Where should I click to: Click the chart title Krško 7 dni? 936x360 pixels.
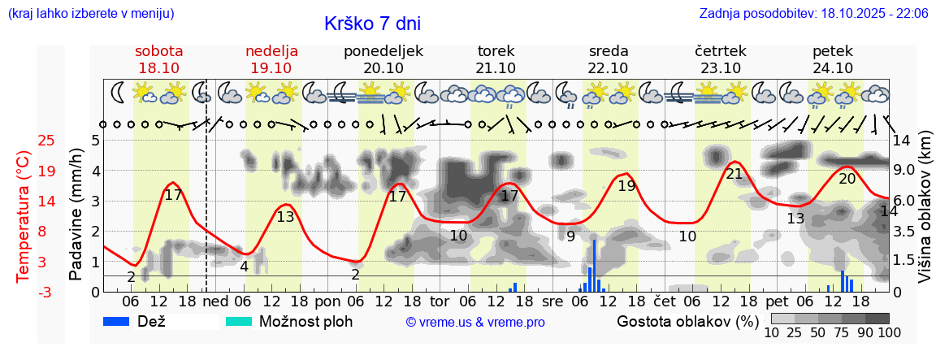(372, 24)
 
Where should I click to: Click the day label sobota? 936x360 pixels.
(159, 51)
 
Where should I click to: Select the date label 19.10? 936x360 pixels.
(271, 68)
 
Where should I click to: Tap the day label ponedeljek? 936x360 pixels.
(383, 51)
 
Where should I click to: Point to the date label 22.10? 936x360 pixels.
(608, 68)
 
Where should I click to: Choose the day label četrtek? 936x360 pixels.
(721, 51)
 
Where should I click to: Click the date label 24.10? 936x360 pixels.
(833, 68)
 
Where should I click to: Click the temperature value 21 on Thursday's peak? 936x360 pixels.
(734, 174)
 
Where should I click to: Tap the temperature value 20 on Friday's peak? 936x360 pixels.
(847, 179)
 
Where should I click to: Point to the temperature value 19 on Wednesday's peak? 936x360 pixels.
(626, 186)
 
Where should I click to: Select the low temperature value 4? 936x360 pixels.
(244, 266)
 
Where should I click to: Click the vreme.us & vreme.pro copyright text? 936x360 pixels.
(475, 322)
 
